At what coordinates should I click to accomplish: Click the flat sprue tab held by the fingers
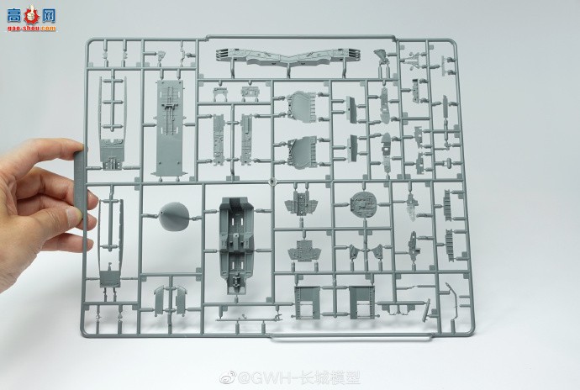click(x=82, y=189)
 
